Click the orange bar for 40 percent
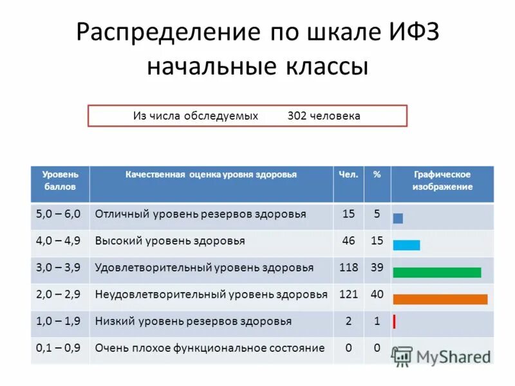440,299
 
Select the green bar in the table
436,272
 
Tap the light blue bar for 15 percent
406,245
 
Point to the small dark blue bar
398,218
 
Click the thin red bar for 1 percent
394,322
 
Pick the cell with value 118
349,268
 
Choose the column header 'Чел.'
349,175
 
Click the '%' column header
377,175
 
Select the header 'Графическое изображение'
442,181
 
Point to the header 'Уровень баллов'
60,181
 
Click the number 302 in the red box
297,116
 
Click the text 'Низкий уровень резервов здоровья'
193,321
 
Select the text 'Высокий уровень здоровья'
170,241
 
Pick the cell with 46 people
349,241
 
